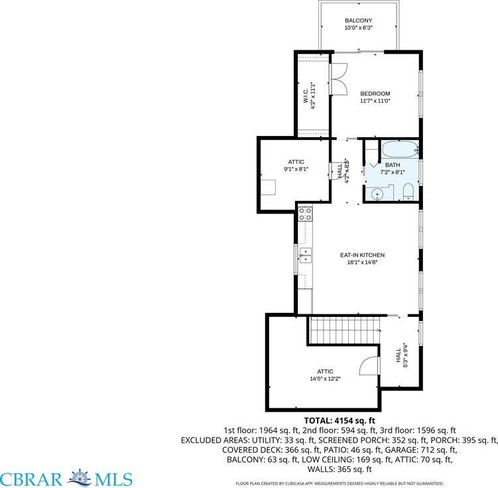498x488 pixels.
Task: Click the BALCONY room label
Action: pos(359,21)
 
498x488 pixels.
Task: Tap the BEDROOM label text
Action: pos(375,93)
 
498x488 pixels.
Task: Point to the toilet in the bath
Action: pos(409,193)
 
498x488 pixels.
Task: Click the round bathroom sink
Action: pos(377,194)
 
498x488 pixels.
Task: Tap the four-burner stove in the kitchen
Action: pos(306,213)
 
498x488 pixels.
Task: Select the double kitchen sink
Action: pos(306,255)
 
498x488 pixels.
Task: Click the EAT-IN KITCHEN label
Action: pos(362,255)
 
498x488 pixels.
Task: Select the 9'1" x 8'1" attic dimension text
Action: pos(296,169)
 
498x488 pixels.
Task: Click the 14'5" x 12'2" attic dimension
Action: pos(325,379)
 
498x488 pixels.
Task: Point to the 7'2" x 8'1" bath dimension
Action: pos(393,172)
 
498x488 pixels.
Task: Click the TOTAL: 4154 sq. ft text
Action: pos(340,420)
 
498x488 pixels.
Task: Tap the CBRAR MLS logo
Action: pos(66,478)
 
